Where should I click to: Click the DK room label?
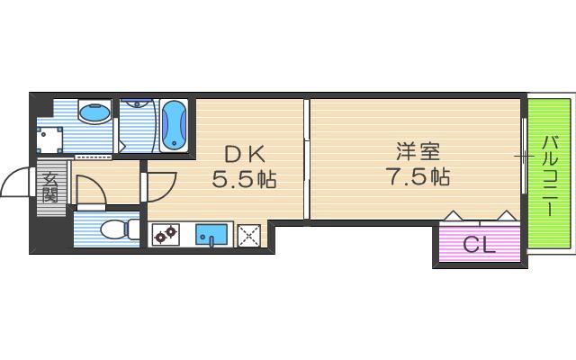[239, 154]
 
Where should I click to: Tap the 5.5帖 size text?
[244, 179]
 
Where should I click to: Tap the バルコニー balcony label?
[550, 176]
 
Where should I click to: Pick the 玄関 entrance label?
[51, 187]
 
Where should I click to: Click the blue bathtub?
[174, 124]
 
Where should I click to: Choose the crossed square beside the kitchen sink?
[248, 235]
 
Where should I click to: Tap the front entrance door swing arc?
[16, 182]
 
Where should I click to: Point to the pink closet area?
[479, 243]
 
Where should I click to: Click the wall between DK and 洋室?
[306, 162]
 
